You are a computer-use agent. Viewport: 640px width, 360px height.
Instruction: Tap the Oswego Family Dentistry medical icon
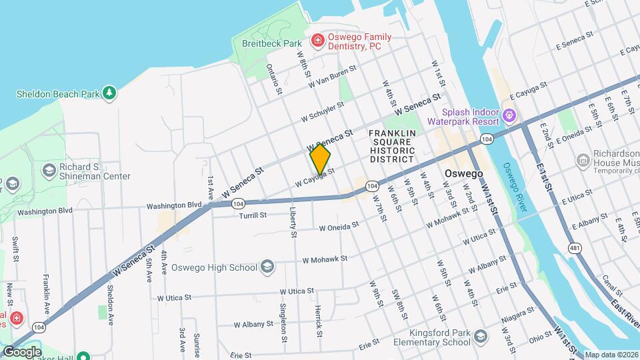tap(318, 41)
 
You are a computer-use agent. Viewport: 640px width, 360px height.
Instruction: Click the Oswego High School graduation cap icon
tap(267, 267)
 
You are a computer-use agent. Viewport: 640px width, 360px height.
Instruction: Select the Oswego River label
tap(515, 187)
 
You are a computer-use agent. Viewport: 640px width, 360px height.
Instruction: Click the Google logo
tap(22, 351)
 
